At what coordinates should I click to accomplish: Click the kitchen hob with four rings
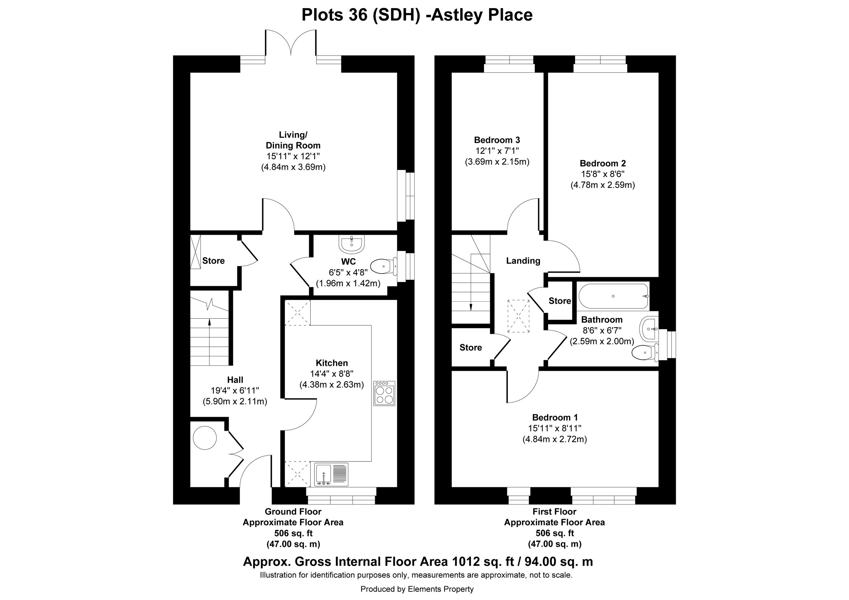point(384,393)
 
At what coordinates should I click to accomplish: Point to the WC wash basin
point(351,243)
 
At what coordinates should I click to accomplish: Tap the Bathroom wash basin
point(649,328)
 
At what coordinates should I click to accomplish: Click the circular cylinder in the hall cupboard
point(205,437)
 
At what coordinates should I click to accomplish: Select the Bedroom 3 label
point(497,140)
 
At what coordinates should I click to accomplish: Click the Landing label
point(523,261)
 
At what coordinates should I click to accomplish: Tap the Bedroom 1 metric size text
point(555,440)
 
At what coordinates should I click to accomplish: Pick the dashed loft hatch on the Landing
point(518,316)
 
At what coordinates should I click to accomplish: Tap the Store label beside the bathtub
point(560,301)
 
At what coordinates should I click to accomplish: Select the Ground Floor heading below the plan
point(293,512)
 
